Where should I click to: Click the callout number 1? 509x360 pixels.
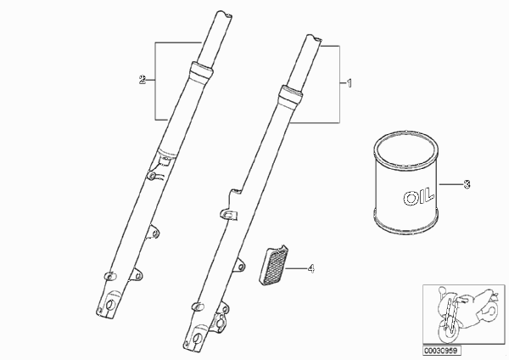coord(350,83)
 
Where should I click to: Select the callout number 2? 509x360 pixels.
coord(143,80)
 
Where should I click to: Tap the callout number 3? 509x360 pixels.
coord(467,184)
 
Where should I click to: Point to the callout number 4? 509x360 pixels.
coord(311,268)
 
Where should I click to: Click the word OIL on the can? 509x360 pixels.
coord(418,196)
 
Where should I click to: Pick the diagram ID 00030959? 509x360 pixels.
coord(442,351)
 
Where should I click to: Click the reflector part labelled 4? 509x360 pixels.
coord(273,265)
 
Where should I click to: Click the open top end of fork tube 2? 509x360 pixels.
coord(224,14)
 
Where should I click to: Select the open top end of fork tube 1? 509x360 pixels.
coord(314,38)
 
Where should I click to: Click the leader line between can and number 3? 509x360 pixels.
coord(450,184)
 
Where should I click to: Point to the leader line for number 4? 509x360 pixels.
coord(296,268)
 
